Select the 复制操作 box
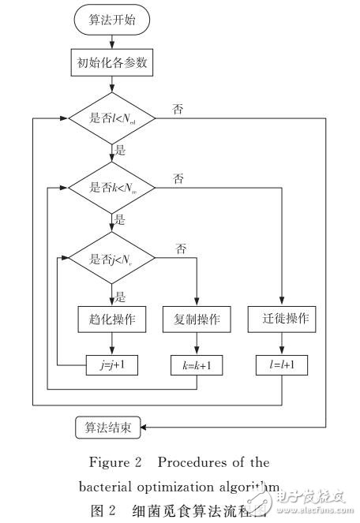[196, 322]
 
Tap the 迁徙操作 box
[281, 322]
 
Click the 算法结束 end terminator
[108, 428]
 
